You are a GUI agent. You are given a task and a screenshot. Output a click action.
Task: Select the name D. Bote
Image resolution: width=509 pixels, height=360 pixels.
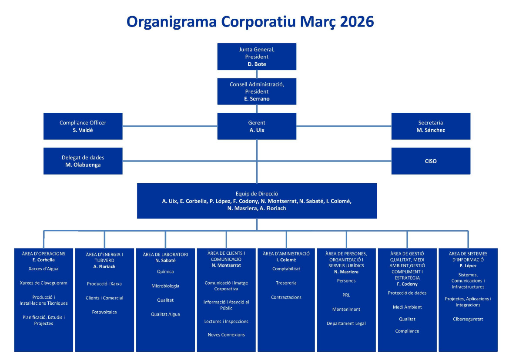[257, 64]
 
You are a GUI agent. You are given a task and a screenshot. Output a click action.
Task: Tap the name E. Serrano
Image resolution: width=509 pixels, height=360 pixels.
[257, 99]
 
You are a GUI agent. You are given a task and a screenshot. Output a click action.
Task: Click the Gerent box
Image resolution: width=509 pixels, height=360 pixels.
[257, 126]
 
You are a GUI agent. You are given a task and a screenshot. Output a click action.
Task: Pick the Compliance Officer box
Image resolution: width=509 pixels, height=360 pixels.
[83, 126]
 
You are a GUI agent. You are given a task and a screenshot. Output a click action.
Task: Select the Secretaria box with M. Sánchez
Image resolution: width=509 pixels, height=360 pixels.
[431, 126]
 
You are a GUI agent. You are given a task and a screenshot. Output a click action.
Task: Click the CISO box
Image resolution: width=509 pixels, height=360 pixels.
[431, 161]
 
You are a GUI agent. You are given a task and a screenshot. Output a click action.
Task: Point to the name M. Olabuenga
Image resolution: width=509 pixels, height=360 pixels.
[83, 165]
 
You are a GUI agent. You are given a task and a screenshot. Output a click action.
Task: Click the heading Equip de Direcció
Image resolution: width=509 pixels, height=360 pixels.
[257, 194]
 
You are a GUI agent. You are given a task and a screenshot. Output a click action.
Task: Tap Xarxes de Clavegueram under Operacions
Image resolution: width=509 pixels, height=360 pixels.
[44, 283]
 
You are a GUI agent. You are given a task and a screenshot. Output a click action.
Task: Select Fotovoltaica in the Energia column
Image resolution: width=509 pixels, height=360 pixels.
[104, 312]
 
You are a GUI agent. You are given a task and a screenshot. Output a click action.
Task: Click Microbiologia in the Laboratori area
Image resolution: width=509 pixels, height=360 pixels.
[165, 286]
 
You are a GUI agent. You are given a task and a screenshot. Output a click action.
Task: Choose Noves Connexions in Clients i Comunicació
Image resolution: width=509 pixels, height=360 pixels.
[226, 335]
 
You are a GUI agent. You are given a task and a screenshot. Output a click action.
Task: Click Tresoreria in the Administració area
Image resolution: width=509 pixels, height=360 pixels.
[286, 283]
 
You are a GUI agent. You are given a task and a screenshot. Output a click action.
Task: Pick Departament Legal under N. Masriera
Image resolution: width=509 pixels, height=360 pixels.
[346, 323]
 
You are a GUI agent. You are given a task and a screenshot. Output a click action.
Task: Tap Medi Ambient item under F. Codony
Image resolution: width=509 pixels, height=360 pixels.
[407, 307]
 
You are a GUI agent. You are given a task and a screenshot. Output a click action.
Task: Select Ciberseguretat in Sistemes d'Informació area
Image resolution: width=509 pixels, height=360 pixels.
[468, 319]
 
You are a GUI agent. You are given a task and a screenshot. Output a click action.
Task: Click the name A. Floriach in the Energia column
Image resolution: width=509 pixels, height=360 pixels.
[104, 266]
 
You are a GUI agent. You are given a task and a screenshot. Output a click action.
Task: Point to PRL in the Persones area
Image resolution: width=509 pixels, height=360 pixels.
[346, 295]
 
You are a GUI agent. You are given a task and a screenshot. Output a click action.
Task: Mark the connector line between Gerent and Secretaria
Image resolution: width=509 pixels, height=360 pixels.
[344, 126]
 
